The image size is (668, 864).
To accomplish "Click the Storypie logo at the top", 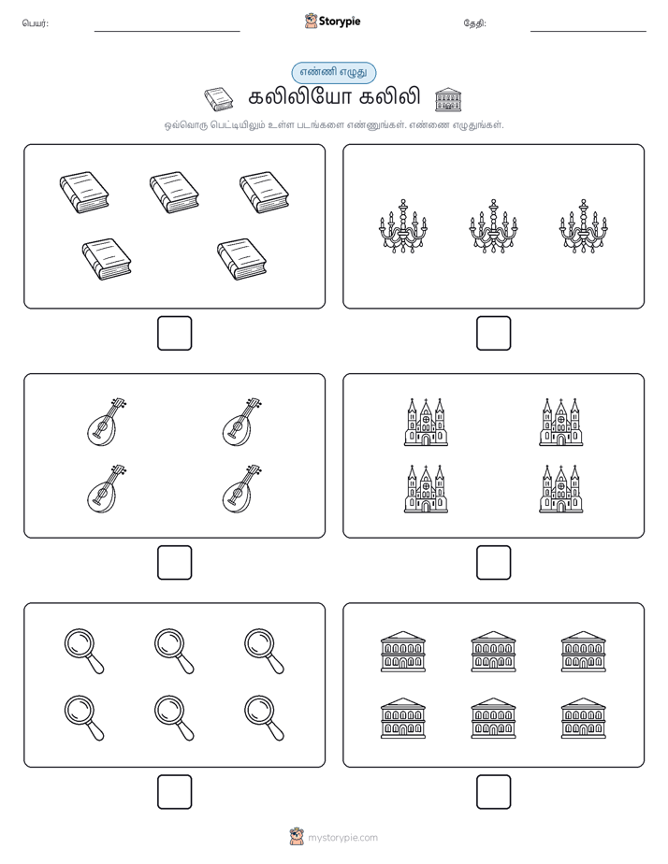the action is (332, 21).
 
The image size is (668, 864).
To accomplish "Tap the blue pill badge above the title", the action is (333, 73).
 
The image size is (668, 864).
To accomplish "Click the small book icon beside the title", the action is (218, 99).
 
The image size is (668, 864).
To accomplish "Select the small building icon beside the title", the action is (448, 99).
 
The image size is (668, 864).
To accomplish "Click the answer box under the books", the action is (175, 334).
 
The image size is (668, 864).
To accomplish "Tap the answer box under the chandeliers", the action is (493, 334).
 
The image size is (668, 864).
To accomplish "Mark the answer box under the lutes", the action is (175, 563).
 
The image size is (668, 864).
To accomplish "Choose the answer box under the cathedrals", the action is (493, 563).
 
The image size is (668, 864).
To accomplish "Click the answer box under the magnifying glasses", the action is (175, 792).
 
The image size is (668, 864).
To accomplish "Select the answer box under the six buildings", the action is (493, 792).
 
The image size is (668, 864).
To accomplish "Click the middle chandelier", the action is (493, 226).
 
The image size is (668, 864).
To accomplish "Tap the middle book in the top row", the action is (174, 192).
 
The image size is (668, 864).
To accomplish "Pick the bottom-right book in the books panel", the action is (241, 259).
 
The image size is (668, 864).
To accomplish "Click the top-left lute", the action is (107, 421).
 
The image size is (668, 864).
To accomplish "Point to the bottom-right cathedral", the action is (561, 489).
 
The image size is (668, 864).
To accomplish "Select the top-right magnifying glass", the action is (264, 651).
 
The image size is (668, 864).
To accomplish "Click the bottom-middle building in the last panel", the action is (493, 718).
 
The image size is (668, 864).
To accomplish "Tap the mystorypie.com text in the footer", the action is (342, 838).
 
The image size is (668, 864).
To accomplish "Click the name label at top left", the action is (36, 23).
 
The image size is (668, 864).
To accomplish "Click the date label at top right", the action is (474, 23).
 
